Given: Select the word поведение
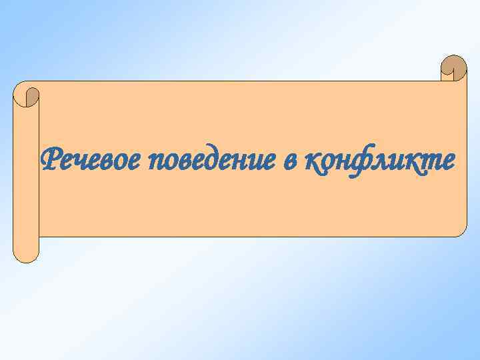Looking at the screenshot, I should (211, 161).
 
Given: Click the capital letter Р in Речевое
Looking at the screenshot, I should (51, 160).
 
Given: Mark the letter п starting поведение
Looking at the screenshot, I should (157, 163).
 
